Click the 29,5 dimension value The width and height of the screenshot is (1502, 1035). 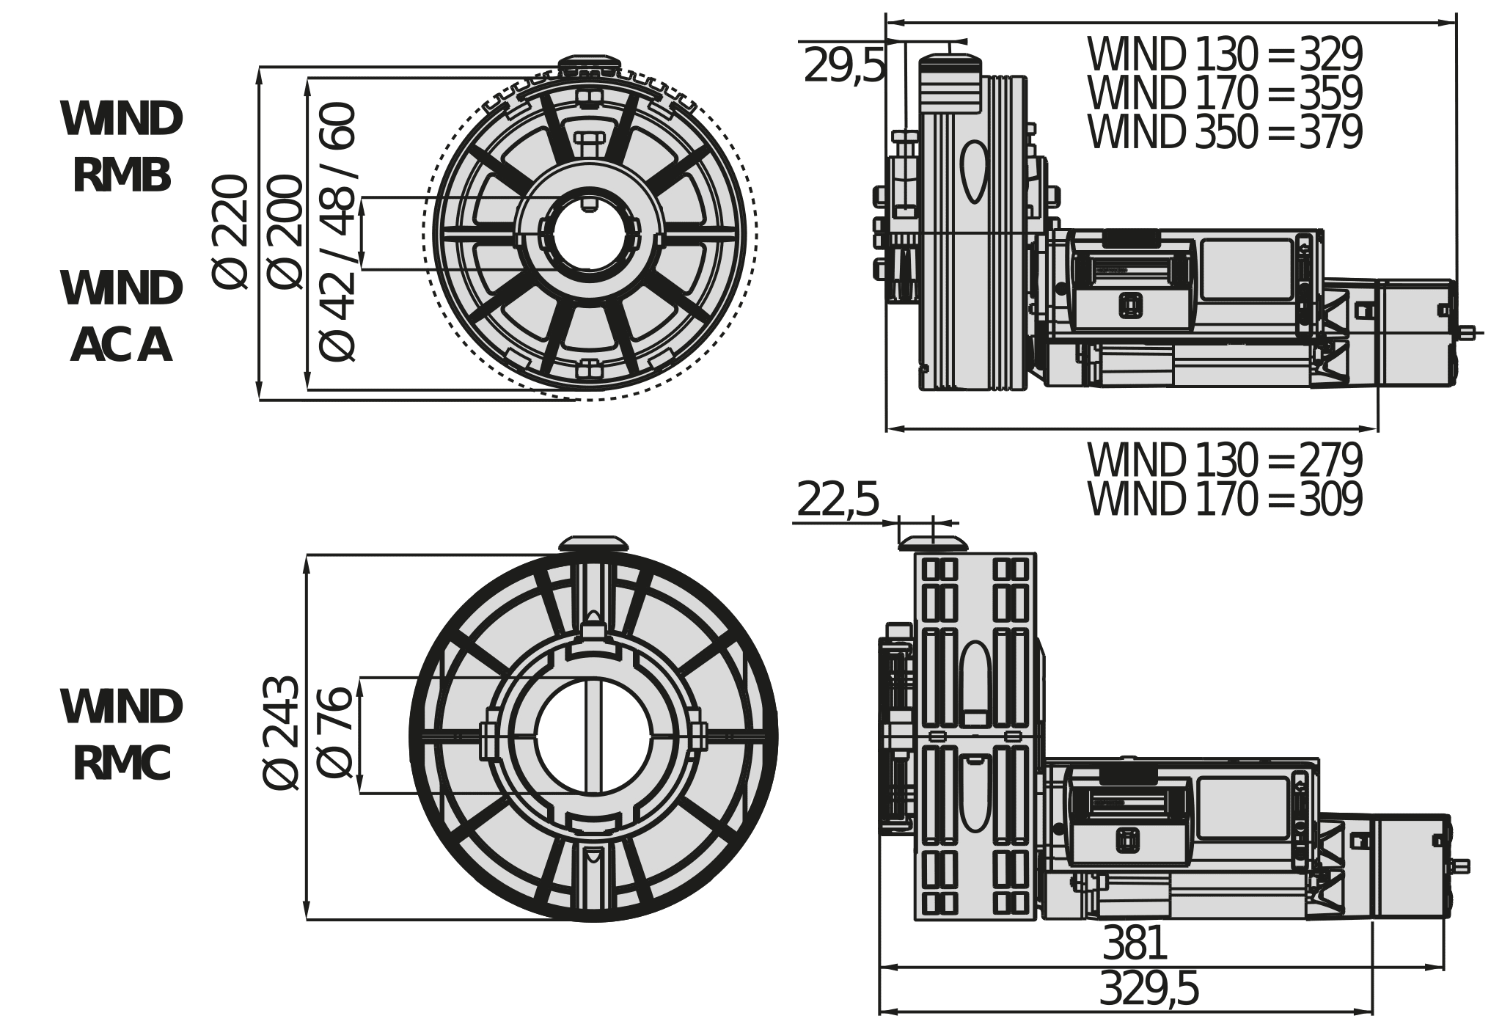pos(843,66)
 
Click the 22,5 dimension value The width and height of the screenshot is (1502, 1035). pos(837,500)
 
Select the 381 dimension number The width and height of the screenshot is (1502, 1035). pos(1134,943)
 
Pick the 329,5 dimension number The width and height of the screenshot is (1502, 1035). pos(1149,989)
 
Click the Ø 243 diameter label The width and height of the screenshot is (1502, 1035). pos(280,734)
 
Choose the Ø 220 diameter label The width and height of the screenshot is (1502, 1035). pos(230,233)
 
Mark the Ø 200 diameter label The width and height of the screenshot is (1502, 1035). pos(285,233)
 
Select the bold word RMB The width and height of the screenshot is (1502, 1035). pos(122,177)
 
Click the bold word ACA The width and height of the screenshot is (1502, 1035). pos(122,345)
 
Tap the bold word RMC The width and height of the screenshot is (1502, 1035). pos(122,764)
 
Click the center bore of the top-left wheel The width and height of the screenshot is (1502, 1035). pos(590,233)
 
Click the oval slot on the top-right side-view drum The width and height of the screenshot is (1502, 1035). pos(975,171)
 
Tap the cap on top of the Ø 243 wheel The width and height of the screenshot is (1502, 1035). pos(593,544)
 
